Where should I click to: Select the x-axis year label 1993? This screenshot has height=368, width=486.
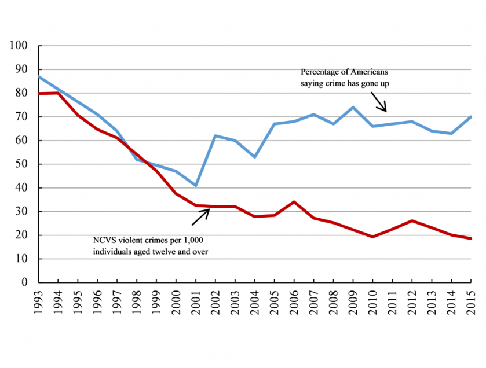[39, 301]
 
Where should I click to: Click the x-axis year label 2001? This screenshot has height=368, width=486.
[196, 301]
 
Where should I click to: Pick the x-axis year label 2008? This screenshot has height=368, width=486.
[333, 301]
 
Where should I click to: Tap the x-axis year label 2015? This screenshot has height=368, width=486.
[470, 301]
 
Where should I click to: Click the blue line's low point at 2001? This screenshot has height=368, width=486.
[196, 185]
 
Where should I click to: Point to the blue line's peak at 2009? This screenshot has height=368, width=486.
[353, 108]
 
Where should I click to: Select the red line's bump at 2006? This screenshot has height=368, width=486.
[294, 202]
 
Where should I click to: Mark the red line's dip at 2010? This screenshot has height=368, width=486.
[372, 237]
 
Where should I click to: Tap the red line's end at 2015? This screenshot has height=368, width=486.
[470, 238]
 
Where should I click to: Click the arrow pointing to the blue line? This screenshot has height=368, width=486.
[378, 103]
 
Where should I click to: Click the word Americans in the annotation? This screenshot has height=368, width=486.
[367, 72]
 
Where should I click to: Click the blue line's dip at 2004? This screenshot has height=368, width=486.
[254, 157]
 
